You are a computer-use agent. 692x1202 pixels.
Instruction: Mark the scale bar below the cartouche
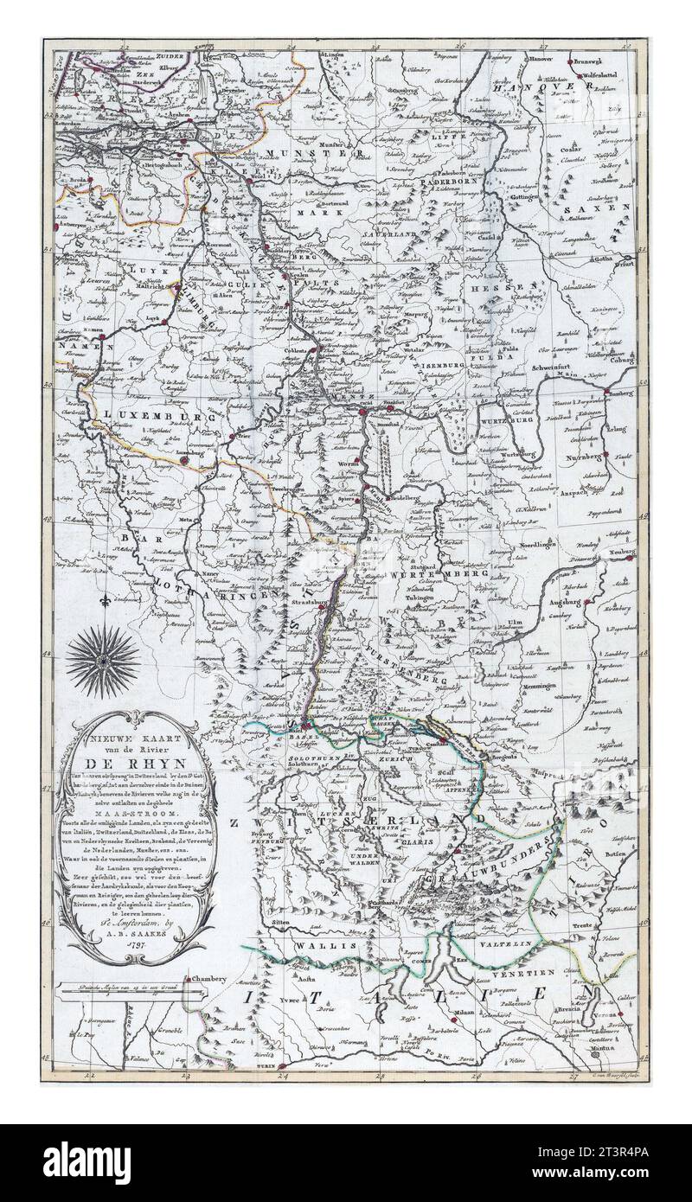(130, 985)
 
